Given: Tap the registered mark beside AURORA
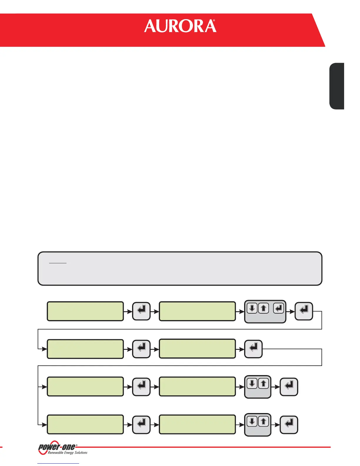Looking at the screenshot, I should (214, 21).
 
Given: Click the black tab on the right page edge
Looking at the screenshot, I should (337, 86).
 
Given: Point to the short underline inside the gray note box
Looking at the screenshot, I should (58, 263).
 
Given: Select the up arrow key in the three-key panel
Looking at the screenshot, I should (264, 308).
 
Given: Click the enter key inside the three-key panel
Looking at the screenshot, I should (279, 308).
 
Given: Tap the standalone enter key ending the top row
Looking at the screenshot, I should (304, 311).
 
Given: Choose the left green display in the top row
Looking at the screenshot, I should (85, 311).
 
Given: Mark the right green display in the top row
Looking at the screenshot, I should (197, 311).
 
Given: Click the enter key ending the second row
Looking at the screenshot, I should (253, 349).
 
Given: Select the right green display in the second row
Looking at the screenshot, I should (197, 349).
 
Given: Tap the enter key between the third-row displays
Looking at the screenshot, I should (141, 386).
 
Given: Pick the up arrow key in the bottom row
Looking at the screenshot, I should (264, 422).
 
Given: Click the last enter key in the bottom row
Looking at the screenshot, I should (289, 425).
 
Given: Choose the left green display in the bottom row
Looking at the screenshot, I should (85, 425).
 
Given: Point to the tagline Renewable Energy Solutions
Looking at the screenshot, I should (68, 453).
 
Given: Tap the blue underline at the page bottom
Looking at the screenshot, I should (58, 464).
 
